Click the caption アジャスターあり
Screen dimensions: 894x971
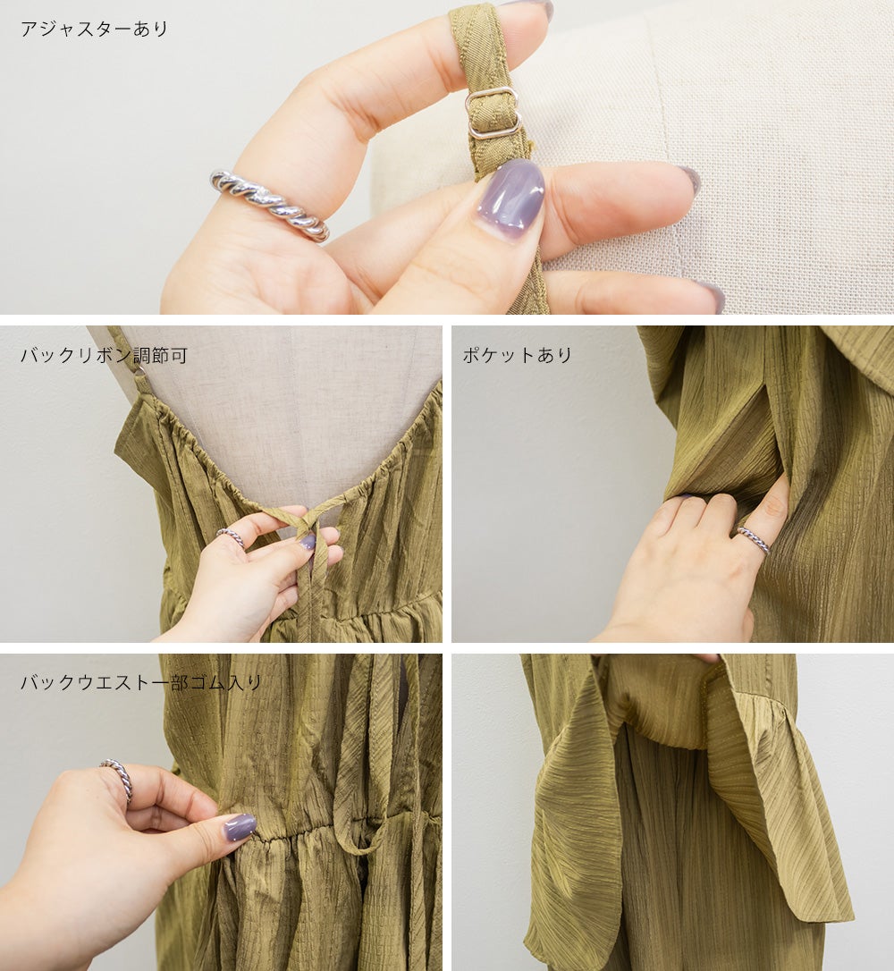pyautogui.click(x=94, y=29)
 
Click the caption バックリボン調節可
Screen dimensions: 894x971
pyautogui.click(x=104, y=356)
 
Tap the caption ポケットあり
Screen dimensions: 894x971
pyautogui.click(x=517, y=355)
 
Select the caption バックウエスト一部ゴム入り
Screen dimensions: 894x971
pyautogui.click(x=141, y=682)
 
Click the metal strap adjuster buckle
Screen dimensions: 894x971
pyautogui.click(x=493, y=112)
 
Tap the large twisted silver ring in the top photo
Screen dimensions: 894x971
pyautogui.click(x=270, y=205)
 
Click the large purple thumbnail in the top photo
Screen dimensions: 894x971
pyautogui.click(x=510, y=192)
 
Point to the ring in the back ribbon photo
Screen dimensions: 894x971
pyautogui.click(x=231, y=536)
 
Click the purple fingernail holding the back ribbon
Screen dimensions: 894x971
pyautogui.click(x=308, y=543)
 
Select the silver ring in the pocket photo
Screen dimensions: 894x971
pyautogui.click(x=754, y=539)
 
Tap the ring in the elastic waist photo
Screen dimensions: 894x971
pyautogui.click(x=119, y=779)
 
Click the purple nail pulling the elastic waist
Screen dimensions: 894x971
pyautogui.click(x=240, y=827)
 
